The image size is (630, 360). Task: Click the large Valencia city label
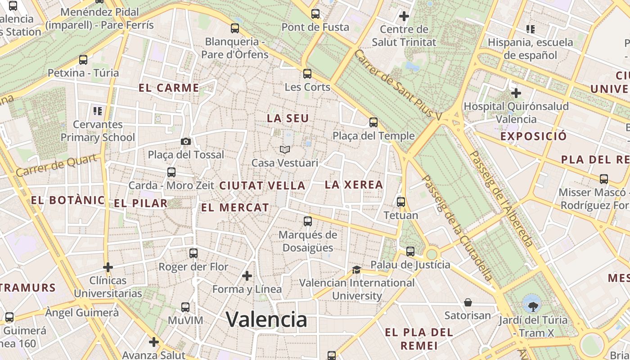coord(266,319)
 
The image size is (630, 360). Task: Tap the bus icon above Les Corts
coord(307,73)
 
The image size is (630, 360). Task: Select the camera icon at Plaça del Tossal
coord(185,142)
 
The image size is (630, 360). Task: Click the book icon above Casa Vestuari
coord(284,149)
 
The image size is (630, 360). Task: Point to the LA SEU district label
coord(288,118)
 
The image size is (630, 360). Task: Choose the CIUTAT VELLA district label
coord(262,185)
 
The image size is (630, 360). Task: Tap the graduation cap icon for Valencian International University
coord(356,270)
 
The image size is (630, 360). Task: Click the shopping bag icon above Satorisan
coord(468,302)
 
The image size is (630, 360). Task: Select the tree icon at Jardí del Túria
coord(533,306)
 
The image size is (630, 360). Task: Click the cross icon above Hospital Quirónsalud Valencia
coord(516,93)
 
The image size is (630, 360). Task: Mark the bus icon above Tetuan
coord(401,202)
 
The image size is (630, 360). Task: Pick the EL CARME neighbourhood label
coord(169,88)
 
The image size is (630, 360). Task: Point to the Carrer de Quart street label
coord(56,165)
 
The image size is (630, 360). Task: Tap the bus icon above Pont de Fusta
coord(315,14)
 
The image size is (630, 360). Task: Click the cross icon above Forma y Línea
coord(247,275)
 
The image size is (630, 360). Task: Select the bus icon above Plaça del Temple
coord(373,122)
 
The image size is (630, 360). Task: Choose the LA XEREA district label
coord(354,184)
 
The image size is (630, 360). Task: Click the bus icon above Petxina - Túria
coord(83,60)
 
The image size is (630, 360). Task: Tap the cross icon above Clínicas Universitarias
coord(108,267)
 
